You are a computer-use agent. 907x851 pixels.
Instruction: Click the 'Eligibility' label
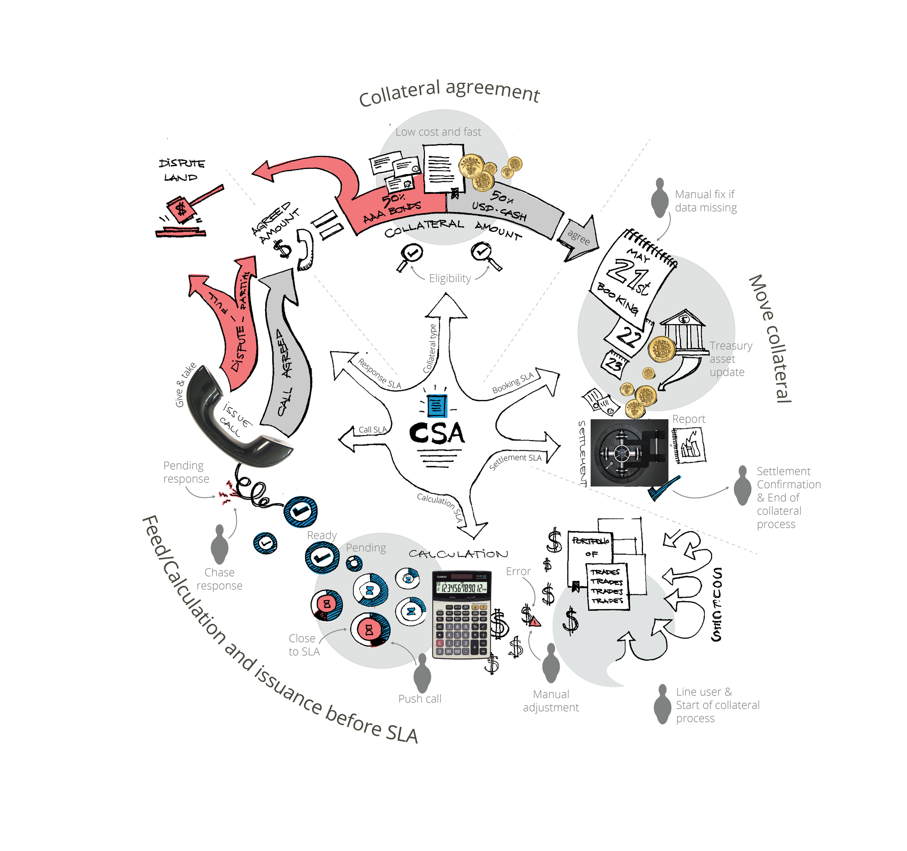click(x=450, y=278)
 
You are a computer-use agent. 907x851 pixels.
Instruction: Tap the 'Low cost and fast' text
click(x=438, y=132)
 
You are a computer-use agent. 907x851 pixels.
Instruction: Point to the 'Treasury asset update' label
click(x=730, y=359)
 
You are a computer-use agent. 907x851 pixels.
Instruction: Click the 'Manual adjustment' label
click(x=551, y=701)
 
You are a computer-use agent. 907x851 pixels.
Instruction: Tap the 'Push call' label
click(x=420, y=699)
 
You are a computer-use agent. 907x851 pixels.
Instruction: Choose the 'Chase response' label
click(x=219, y=579)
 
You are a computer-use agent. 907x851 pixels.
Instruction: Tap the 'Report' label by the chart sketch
click(x=689, y=419)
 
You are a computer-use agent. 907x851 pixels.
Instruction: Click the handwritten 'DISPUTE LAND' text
click(x=182, y=170)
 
